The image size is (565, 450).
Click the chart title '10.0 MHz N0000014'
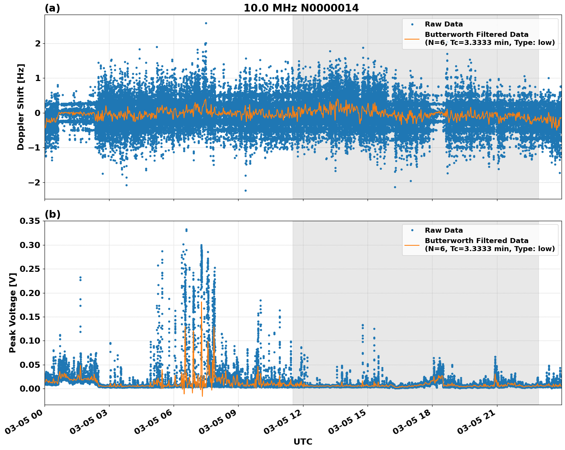pyautogui.click(x=301, y=8)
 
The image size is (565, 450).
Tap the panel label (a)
pyautogui.click(x=52, y=8)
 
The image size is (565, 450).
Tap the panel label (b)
pyautogui.click(x=52, y=214)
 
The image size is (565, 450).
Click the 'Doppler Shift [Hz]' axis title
pyautogui.click(x=21, y=107)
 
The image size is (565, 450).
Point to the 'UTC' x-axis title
pyautogui.click(x=303, y=442)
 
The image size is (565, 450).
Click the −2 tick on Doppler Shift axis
pyautogui.click(x=34, y=182)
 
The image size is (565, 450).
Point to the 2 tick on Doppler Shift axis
pyautogui.click(x=38, y=44)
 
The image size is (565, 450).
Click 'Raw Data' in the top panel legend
pyautogui.click(x=444, y=24)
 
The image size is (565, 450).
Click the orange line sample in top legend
pyautogui.click(x=412, y=39)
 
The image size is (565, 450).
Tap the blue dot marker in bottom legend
pyautogui.click(x=412, y=230)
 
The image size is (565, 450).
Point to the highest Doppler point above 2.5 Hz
pyautogui.click(x=206, y=23)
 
